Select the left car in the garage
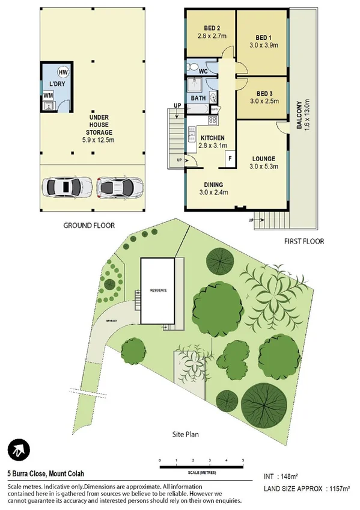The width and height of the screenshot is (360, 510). pyautogui.click(x=63, y=188)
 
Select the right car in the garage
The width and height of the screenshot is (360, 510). pyautogui.click(x=120, y=188)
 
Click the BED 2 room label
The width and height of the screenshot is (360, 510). pyautogui.click(x=210, y=29)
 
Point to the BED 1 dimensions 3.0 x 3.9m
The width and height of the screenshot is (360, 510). pyautogui.click(x=263, y=45)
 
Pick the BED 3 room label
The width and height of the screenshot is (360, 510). pyautogui.click(x=264, y=93)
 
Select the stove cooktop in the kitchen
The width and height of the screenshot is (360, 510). pyautogui.click(x=212, y=120)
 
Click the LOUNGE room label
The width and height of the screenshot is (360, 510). pyautogui.click(x=263, y=159)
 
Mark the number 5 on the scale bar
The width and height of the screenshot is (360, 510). pyautogui.click(x=243, y=461)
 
